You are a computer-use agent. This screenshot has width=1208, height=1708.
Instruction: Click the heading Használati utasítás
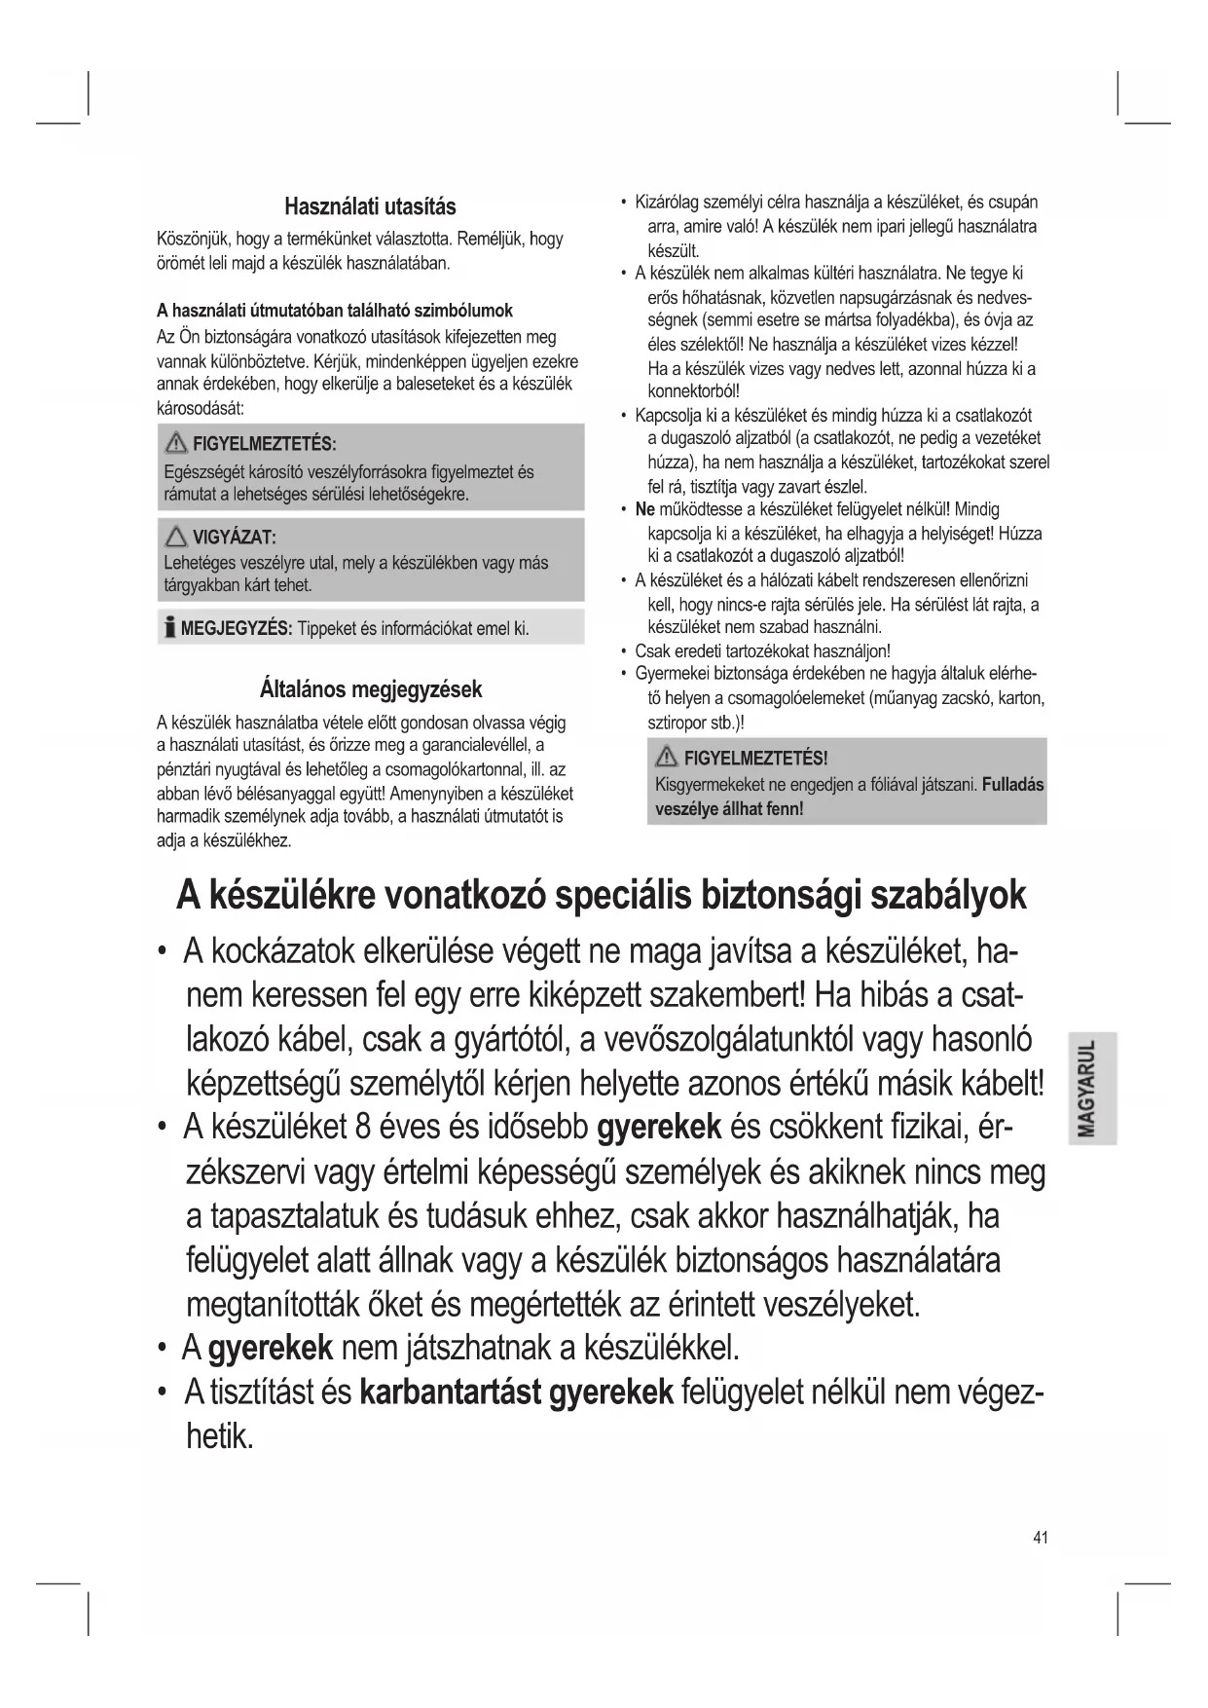pyautogui.click(x=370, y=206)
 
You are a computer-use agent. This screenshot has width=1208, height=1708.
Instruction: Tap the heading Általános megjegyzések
pyautogui.click(x=371, y=689)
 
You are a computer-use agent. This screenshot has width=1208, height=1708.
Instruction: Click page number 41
pyautogui.click(x=1041, y=1537)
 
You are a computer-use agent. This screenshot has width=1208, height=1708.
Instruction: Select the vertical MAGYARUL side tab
pyautogui.click(x=1090, y=1087)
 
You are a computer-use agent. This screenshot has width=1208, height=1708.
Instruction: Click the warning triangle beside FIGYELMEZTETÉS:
pyautogui.click(x=176, y=444)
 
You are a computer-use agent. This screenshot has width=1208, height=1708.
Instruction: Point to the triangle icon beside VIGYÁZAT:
pyautogui.click(x=176, y=537)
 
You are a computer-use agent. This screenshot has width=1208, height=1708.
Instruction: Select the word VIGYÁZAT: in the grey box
pyautogui.click(x=234, y=538)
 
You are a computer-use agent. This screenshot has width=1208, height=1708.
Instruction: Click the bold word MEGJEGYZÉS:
pyautogui.click(x=237, y=628)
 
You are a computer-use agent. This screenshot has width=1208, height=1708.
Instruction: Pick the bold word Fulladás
pyautogui.click(x=1012, y=784)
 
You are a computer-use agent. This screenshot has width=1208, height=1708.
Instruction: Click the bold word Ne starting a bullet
pyautogui.click(x=644, y=509)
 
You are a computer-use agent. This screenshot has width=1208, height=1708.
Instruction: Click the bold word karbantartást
pyautogui.click(x=450, y=1392)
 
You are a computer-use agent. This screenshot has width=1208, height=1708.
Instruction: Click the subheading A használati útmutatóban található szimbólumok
pyautogui.click(x=335, y=311)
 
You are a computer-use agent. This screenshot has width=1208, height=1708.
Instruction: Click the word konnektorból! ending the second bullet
pyautogui.click(x=693, y=391)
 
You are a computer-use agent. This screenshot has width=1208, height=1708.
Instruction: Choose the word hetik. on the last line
pyautogui.click(x=220, y=1436)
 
